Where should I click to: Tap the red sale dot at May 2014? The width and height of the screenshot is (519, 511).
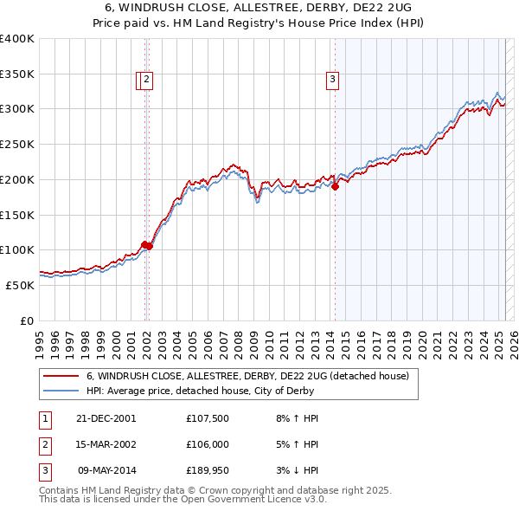click(x=335, y=186)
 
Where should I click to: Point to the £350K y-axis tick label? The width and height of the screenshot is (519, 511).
click(x=17, y=74)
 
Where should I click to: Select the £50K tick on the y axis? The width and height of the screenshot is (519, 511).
click(x=21, y=285)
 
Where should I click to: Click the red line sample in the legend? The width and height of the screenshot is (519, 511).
click(x=61, y=376)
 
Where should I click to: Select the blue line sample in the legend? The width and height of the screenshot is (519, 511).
click(x=61, y=391)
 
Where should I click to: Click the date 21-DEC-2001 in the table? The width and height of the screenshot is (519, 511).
click(x=106, y=417)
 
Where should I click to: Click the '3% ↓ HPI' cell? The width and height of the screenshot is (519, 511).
click(x=295, y=473)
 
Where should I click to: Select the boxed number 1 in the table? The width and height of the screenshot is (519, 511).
click(x=44, y=417)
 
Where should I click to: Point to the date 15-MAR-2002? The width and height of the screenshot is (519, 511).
click(x=106, y=445)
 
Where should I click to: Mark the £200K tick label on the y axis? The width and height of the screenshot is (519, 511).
click(x=17, y=179)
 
